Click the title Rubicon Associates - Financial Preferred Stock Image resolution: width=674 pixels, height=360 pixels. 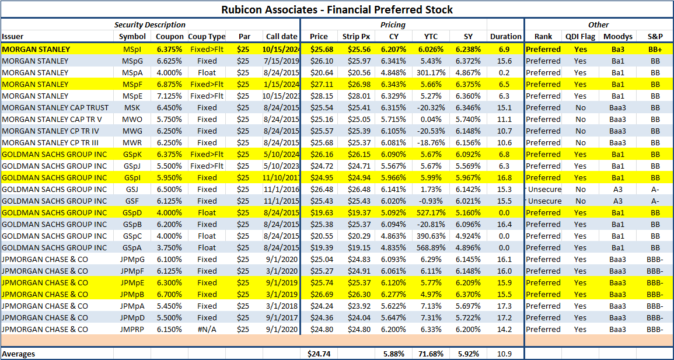pos(337,9)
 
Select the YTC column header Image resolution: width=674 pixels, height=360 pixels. pos(430,36)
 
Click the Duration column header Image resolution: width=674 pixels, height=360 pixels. pos(505,36)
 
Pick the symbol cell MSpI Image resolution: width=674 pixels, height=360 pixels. pos(131,49)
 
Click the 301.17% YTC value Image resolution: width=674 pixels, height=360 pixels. pos(430,72)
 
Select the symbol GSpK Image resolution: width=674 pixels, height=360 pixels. pos(131,154)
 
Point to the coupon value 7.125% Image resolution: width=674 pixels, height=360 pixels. pos(169,96)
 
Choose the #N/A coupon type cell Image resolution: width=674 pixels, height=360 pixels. pos(207,329)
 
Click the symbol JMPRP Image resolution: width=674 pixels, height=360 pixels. pos(131,329)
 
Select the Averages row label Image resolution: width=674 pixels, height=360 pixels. pos(19,354)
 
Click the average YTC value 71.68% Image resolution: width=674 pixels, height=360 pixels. pos(430,354)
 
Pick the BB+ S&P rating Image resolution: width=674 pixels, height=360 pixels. pos(655,49)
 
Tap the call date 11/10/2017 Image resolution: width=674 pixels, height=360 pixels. pos(281,177)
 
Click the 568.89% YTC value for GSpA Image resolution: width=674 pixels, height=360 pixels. pos(430,247)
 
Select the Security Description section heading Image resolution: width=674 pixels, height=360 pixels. pos(150,25)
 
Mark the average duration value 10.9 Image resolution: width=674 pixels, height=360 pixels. pos(505,354)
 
